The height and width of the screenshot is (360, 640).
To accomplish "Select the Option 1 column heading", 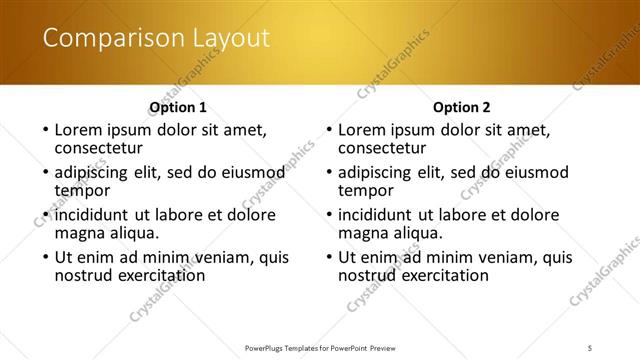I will (x=178, y=107).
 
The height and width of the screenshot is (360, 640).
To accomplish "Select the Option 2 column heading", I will (x=461, y=107).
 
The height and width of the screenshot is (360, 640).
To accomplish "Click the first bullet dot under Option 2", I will (x=329, y=130).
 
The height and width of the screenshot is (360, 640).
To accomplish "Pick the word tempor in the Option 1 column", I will (x=82, y=190).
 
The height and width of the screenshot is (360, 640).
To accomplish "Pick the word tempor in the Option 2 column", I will (x=366, y=190).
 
